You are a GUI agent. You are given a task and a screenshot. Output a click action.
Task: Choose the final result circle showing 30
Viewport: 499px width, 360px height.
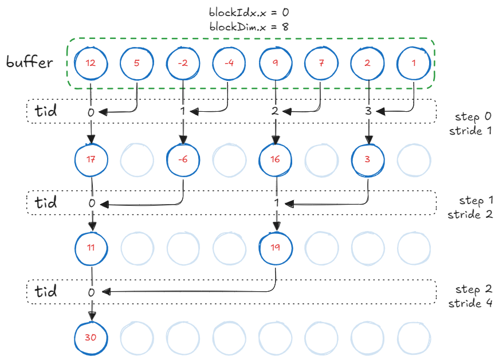coord(91,337)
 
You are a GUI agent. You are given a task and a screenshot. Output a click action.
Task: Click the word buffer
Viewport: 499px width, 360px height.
coord(30,62)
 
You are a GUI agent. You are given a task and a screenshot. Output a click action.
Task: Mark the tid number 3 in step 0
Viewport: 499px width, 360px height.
coord(368,112)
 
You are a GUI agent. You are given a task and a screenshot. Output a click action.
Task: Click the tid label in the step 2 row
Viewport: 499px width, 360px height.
coord(46,291)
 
